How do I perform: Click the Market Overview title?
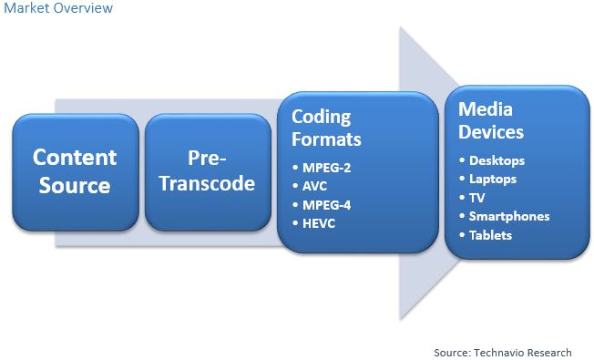57,8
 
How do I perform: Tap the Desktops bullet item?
497,161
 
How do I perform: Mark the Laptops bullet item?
494,180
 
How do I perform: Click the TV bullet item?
477,198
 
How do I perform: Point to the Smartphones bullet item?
509,216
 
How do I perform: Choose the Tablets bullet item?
491,235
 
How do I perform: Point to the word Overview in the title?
85,8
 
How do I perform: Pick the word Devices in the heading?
491,132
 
